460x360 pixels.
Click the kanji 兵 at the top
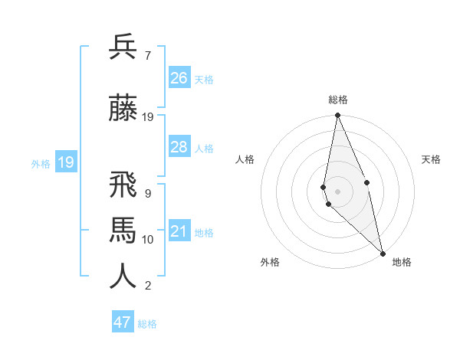123,47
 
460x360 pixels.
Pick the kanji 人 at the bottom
123,277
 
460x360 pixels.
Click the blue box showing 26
179,78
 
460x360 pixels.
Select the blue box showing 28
179,147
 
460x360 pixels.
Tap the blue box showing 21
179,231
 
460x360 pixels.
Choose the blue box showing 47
123,322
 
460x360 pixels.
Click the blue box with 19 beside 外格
65,162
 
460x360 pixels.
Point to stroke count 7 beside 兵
147,56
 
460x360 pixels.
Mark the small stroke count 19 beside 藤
148,117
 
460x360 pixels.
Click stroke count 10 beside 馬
148,240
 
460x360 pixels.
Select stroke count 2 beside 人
147,286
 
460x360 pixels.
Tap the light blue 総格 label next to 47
147,324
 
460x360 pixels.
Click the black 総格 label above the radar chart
338,100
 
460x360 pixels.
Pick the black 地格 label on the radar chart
402,262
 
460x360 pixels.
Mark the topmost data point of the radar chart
337,116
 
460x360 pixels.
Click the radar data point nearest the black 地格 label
382,251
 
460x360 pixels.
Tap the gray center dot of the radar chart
337,190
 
